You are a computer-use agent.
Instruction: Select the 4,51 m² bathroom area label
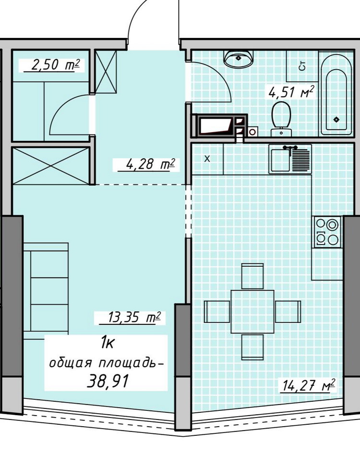coord(291,92)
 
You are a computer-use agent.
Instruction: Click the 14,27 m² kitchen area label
coord(309,385)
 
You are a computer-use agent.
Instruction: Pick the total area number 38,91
coord(108,381)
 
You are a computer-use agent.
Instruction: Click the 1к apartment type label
coord(107,344)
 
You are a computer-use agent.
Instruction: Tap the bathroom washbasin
coord(239,59)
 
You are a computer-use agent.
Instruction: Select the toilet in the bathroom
coord(281,118)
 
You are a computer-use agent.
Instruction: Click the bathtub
coord(336,93)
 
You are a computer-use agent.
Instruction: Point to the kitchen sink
coord(290,159)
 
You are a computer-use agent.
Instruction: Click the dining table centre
coord(252,311)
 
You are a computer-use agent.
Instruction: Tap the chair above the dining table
coord(252,276)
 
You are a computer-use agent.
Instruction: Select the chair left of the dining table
coord(217,311)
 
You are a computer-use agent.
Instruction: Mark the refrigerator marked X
coord(207,159)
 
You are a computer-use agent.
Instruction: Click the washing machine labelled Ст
coord(302,66)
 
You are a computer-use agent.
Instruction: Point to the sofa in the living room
coord(46,291)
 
